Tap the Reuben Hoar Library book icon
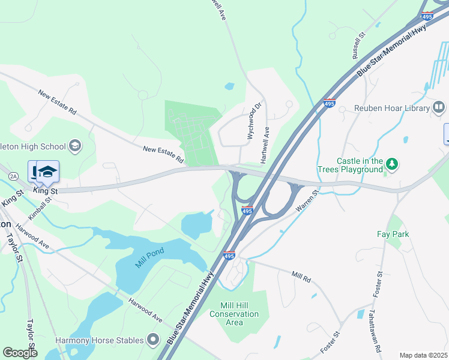pyautogui.click(x=439, y=108)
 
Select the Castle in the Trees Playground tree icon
pyautogui.click(x=392, y=163)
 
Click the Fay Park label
pyautogui.click(x=393, y=234)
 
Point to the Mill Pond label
pyautogui.click(x=149, y=259)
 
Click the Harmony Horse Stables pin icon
pyautogui.click(x=153, y=340)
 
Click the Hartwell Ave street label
pyautogui.click(x=265, y=147)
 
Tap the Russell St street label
pyautogui.click(x=358, y=46)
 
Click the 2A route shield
pyautogui.click(x=13, y=175)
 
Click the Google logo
pyautogui.click(x=20, y=352)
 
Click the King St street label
pyautogui.click(x=45, y=190)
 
